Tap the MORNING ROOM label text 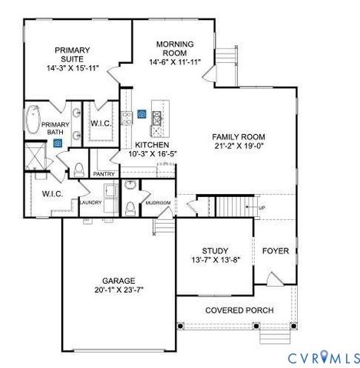pyautogui.click(x=175, y=48)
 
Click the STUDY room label pyautogui.click(x=216, y=251)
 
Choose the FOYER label pyautogui.click(x=276, y=251)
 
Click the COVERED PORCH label pyautogui.click(x=236, y=310)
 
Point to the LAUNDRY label pyautogui.click(x=91, y=202)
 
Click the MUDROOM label pyautogui.click(x=158, y=202)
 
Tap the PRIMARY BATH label pyautogui.click(x=57, y=128)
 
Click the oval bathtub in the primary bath pyautogui.click(x=33, y=122)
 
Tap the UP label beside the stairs pyautogui.click(x=262, y=208)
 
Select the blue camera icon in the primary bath pyautogui.click(x=58, y=143)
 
